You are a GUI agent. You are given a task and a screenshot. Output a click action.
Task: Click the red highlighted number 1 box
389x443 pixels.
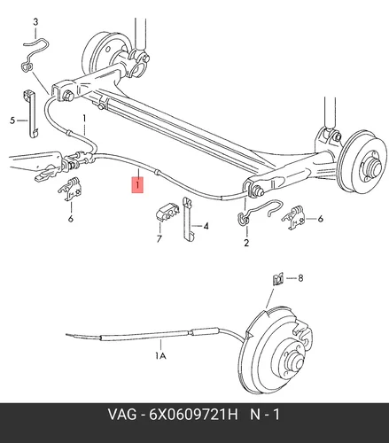click(x=137, y=184)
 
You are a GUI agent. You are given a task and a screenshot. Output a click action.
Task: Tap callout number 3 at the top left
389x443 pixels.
click(x=35, y=22)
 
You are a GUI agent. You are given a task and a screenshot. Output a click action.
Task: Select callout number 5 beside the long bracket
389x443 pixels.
click(x=12, y=120)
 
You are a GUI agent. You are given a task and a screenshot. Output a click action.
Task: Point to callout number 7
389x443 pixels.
click(x=159, y=238)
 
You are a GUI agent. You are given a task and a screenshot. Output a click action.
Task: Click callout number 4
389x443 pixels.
click(x=206, y=226)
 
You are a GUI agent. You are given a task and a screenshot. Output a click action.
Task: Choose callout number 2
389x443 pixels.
click(x=246, y=243)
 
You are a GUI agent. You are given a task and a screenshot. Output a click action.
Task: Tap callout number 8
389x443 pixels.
click(x=300, y=278)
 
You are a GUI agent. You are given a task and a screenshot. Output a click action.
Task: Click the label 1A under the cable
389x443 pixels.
click(x=160, y=356)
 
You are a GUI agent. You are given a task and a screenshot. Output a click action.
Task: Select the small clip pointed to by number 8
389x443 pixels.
click(x=277, y=279)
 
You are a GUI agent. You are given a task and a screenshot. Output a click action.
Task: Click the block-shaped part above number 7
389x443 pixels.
click(x=167, y=212)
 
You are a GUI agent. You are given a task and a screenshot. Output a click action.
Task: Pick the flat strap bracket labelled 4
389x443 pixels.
click(x=188, y=219)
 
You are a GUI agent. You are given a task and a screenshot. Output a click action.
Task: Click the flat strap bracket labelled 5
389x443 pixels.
click(x=30, y=113)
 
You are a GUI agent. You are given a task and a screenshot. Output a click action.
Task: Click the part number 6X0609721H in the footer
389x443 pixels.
click(x=193, y=415)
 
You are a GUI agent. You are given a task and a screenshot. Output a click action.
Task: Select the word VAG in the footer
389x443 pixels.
click(x=122, y=415)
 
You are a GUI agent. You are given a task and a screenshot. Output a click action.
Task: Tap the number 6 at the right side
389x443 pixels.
click(x=321, y=219)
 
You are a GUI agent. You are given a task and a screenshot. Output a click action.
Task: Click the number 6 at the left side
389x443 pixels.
click(x=71, y=219)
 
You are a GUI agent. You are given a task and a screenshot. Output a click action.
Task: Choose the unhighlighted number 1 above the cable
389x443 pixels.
click(x=84, y=119)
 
